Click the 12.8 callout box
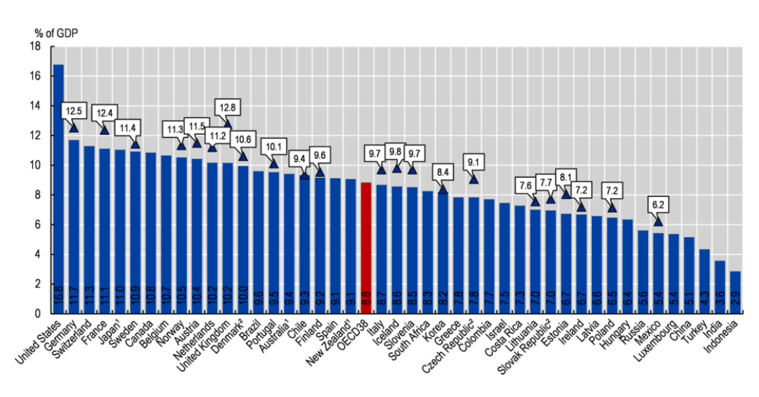(x=227, y=108)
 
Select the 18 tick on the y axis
(x=36, y=46)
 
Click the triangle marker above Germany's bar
(x=74, y=127)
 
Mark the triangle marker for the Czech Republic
(x=474, y=179)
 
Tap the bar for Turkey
(x=703, y=281)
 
